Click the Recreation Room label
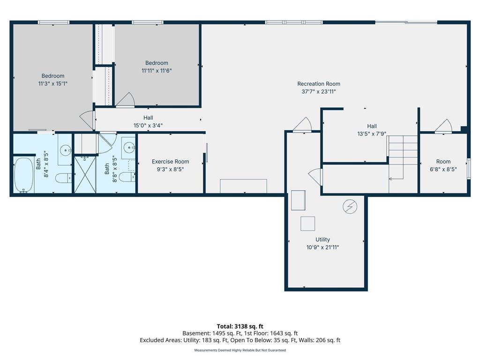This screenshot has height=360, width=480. pos(318,84)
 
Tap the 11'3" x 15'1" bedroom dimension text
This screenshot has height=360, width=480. pos(53,84)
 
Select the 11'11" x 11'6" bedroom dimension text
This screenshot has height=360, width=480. pos(157,71)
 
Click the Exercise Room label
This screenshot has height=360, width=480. pos(170,162)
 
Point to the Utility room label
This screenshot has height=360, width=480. pos(322,240)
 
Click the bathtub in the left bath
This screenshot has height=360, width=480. pos(23,175)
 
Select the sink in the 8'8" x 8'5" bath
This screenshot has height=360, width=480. pos(128,149)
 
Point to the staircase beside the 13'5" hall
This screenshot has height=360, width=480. pos(402,157)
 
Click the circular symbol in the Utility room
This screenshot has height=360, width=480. pos(350,206)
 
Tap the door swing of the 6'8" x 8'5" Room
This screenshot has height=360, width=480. pos(443,126)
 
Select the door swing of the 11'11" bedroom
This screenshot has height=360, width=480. pos(125,99)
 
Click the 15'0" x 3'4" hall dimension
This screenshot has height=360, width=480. pos(148,125)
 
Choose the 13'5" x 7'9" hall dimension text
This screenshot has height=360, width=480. pos(372,134)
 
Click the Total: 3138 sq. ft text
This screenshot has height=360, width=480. pos(240,326)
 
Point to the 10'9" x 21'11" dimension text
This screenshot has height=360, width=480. pos(322,247)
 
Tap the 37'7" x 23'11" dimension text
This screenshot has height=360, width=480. pos(318,92)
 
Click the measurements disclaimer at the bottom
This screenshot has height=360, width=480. pos(240,350)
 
